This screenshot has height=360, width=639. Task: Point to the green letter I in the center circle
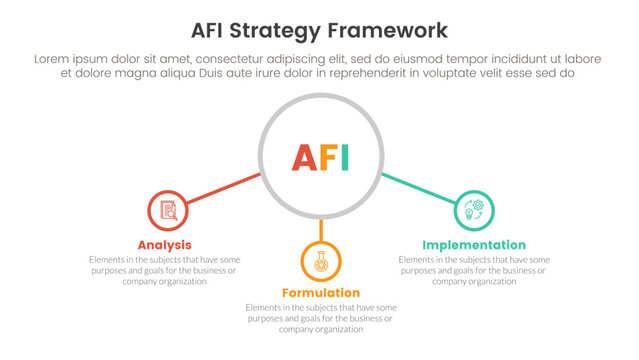pyautogui.click(x=344, y=158)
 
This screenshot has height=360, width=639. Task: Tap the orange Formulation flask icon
pyautogui.click(x=321, y=262)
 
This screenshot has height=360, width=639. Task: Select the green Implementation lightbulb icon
pyautogui.click(x=473, y=210)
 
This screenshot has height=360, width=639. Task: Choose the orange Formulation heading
pyautogui.click(x=321, y=293)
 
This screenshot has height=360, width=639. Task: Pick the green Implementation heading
pyautogui.click(x=474, y=245)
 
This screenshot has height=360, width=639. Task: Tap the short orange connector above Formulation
pyautogui.click(x=321, y=230)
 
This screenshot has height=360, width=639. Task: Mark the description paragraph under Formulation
pyautogui.click(x=321, y=318)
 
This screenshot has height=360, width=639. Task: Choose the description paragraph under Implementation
pyautogui.click(x=474, y=270)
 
